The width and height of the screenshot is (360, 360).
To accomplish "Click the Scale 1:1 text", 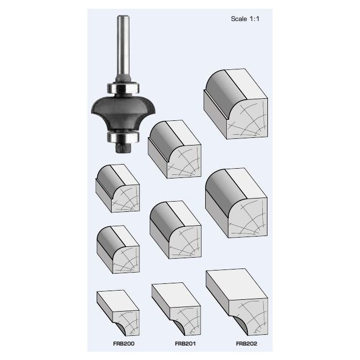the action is tap(245, 19).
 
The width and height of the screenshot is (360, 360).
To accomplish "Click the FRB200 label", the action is tap(124, 344).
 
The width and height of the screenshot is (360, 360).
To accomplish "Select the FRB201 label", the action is tap(185, 344).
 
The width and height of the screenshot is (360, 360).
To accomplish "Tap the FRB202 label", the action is tap(246, 344).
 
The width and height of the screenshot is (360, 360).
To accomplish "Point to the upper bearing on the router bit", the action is tap(123, 88).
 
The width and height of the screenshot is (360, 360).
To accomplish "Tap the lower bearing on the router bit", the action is tap(123, 137).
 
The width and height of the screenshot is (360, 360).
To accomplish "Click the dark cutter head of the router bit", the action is tap(123, 113).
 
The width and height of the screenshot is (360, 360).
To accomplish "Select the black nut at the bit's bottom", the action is tap(123, 148).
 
